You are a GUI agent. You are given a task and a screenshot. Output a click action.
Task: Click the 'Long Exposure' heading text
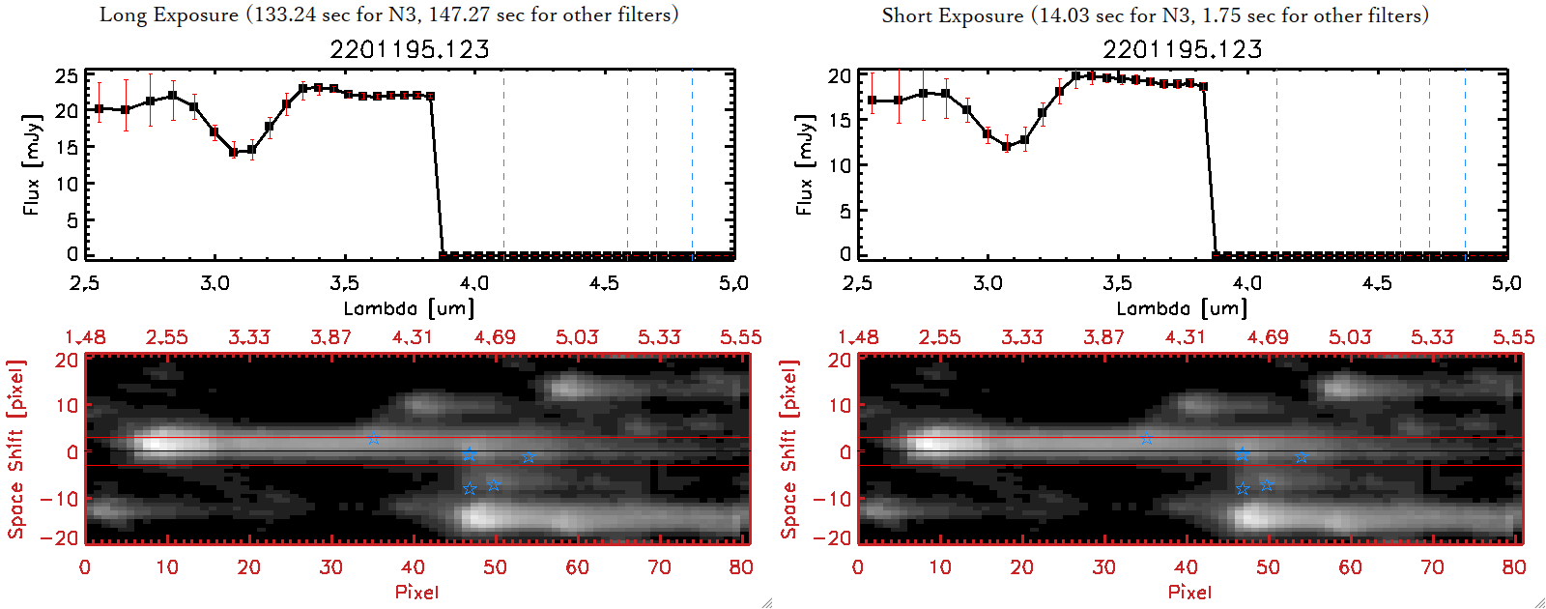(x=169, y=14)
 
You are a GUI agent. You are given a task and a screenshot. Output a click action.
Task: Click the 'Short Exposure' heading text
(x=952, y=15)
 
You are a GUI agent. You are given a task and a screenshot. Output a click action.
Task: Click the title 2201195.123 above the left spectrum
(x=409, y=49)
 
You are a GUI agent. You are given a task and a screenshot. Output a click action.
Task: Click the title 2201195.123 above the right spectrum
(x=1182, y=49)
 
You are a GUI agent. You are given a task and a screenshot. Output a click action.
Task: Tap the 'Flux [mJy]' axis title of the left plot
(x=32, y=164)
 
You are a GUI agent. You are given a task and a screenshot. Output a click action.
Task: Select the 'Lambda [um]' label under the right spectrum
(x=1182, y=308)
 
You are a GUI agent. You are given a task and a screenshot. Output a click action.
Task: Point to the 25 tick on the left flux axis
(x=67, y=75)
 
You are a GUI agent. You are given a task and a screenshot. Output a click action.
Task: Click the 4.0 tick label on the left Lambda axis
(x=473, y=283)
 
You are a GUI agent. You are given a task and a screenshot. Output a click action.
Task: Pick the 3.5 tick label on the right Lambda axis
(x=1117, y=283)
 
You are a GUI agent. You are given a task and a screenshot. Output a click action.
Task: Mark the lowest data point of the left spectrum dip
(x=233, y=152)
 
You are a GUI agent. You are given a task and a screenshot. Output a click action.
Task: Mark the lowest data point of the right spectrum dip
(x=1006, y=147)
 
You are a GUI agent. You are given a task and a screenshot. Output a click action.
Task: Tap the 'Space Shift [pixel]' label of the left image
(x=15, y=449)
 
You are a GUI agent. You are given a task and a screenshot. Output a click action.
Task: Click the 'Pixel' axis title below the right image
(x=1189, y=592)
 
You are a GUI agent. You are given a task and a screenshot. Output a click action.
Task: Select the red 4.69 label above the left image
(x=495, y=337)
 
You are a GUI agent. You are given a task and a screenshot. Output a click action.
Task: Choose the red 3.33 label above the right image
(x=1021, y=337)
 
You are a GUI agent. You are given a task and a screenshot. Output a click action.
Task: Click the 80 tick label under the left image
(x=741, y=567)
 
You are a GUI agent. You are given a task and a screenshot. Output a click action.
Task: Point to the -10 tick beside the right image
(x=832, y=498)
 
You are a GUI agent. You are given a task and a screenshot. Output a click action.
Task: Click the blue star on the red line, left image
(x=374, y=439)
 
